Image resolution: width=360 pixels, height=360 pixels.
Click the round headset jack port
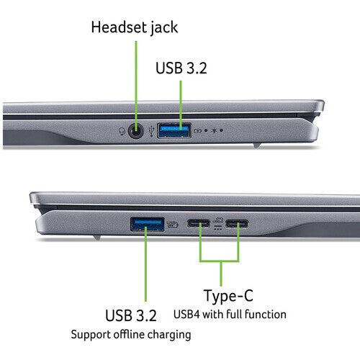tap(135, 131)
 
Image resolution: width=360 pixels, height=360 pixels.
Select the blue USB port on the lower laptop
tap(147, 225)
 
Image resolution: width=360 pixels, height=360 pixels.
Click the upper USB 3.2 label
tap(180, 68)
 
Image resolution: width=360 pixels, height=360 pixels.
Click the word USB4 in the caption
tap(189, 314)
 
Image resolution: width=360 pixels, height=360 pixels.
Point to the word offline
tap(130, 334)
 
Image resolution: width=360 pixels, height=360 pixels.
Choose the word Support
tap(89, 334)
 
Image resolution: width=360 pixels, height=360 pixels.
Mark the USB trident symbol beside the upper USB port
tap(149, 131)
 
